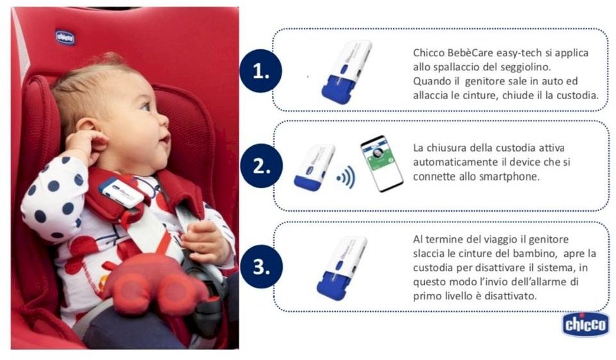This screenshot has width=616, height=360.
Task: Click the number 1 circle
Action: pyautogui.click(x=260, y=71)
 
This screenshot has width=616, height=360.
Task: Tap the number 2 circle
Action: pyautogui.click(x=261, y=166)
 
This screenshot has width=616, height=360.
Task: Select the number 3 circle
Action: pyautogui.click(x=261, y=267)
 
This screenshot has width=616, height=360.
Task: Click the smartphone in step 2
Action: pyautogui.click(x=381, y=163)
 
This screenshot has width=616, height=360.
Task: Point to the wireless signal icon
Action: pyautogui.click(x=346, y=177)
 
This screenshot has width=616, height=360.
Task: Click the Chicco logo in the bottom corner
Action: pyautogui.click(x=585, y=325)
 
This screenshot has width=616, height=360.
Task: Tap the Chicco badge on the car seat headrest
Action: pyautogui.click(x=65, y=38)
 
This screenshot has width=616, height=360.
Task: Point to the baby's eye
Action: pyautogui.click(x=146, y=106)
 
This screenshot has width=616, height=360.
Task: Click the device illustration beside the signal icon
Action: pyautogui.click(x=315, y=168)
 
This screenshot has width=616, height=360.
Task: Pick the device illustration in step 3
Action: pyautogui.click(x=342, y=268)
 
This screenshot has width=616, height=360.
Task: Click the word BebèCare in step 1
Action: pyautogui.click(x=470, y=52)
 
